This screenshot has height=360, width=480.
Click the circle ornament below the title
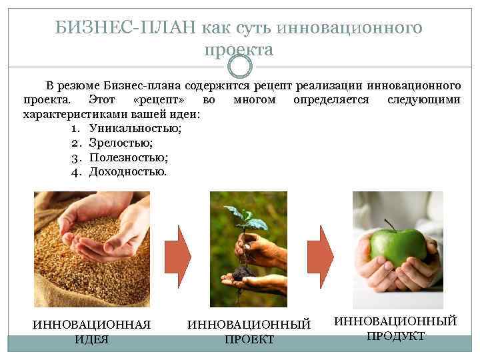click(240, 66)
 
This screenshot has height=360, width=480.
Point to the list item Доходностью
click(128, 171)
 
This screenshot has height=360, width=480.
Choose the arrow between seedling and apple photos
click(324, 251)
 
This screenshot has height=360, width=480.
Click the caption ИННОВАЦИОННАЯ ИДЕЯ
click(92, 331)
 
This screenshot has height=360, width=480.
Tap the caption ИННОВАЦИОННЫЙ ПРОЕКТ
click(249, 331)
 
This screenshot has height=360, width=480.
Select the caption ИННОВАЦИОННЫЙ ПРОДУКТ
click(395, 328)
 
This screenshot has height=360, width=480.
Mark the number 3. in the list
click(75, 157)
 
